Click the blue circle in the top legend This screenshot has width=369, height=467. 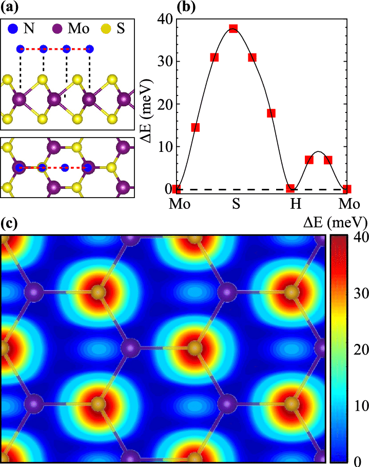(x=13, y=29)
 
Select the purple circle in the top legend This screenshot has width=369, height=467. (x=57, y=29)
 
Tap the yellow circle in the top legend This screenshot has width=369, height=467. (x=106, y=29)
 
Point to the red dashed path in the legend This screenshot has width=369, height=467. (x=54, y=49)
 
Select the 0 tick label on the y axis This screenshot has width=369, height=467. (x=163, y=189)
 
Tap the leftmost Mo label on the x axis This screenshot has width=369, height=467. (x=180, y=204)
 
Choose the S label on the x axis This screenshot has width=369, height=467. (x=236, y=204)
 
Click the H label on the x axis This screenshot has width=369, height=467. (x=295, y=204)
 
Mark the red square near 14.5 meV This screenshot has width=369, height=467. (x=195, y=127)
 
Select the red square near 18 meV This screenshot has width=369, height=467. (x=271, y=113)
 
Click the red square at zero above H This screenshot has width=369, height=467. (x=290, y=188)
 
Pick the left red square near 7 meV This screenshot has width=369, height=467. (x=309, y=160)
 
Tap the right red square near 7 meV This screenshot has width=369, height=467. (x=328, y=160)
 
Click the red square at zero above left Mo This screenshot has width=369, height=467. (x=176, y=188)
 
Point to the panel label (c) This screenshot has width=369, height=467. (x=10, y=224)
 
